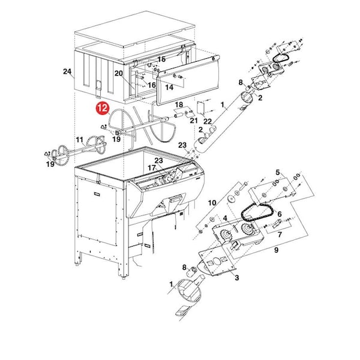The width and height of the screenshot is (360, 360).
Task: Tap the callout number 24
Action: click(67, 71)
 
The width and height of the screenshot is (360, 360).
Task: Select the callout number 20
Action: click(119, 73)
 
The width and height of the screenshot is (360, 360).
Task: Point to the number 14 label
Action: click(169, 87)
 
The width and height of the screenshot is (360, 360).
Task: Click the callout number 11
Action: click(79, 140)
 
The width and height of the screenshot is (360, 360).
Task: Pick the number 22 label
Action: click(208, 121)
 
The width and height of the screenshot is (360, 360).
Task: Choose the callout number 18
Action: click(179, 104)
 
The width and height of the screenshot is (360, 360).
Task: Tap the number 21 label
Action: click(194, 121)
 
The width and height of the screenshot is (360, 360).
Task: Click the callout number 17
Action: click(152, 168)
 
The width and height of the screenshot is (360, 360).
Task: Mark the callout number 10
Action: click(212, 203)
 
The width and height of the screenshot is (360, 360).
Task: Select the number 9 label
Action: click(276, 250)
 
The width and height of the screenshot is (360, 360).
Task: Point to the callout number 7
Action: click(280, 235)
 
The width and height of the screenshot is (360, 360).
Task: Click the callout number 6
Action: click(280, 214)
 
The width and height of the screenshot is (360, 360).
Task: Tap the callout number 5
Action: click(278, 172)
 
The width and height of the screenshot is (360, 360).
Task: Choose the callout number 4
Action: click(225, 218)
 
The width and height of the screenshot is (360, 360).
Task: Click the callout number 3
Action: click(237, 278)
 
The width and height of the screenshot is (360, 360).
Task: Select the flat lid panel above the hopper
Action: click(135, 28)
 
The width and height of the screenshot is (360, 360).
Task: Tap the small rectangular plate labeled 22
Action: click(200, 107)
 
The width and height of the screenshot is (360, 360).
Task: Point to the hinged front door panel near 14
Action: click(188, 80)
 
